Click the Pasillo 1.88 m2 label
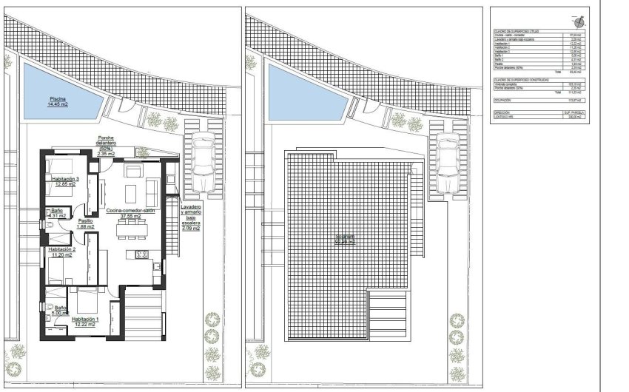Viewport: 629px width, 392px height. pyautogui.click(x=86, y=223)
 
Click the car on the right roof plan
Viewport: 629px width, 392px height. pyautogui.click(x=447, y=161)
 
